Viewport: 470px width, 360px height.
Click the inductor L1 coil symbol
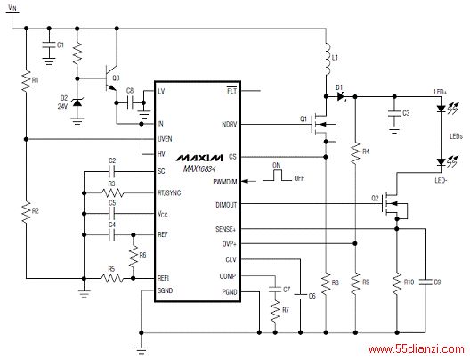[x=328, y=59]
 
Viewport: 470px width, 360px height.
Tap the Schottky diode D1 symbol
[x=342, y=96]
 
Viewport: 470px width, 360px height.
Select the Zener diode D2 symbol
[x=77, y=102]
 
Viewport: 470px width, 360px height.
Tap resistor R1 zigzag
[x=26, y=80]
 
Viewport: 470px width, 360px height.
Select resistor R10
[x=397, y=283]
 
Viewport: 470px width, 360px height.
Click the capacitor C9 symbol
[x=425, y=282]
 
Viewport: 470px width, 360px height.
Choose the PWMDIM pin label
[x=225, y=182]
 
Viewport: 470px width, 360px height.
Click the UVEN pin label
[x=165, y=139]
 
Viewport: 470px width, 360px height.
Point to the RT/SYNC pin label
[x=169, y=192]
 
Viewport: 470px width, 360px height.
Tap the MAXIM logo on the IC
[x=199, y=158]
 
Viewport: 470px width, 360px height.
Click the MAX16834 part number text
[x=199, y=169]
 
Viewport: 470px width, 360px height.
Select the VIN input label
[x=12, y=8]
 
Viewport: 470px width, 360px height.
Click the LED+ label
[x=441, y=92]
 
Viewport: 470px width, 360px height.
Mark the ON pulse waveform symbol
[x=277, y=176]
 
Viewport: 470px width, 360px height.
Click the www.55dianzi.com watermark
[x=417, y=349]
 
